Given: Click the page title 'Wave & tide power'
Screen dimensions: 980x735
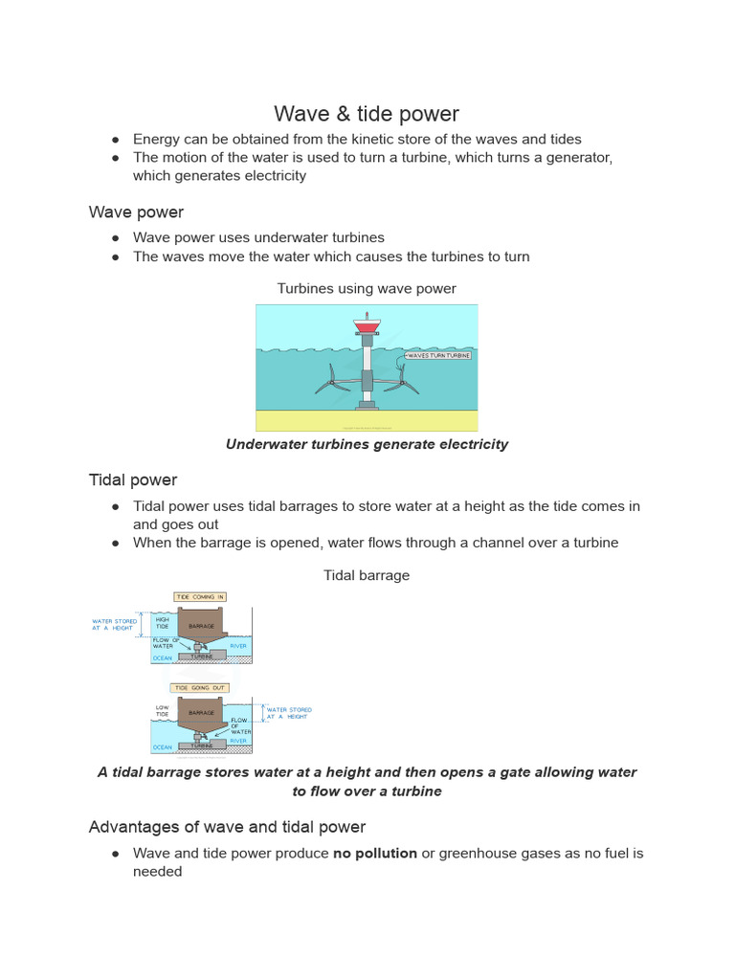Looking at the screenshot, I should (367, 114).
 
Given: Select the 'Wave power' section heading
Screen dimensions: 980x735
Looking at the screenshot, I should (136, 212).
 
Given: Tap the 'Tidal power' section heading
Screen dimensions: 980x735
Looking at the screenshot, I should (133, 479).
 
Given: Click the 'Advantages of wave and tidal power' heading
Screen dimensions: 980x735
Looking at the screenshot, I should (227, 826).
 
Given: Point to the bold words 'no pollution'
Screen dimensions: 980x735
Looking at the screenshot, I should (374, 853).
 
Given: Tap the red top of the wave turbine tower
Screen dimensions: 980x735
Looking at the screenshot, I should (367, 327).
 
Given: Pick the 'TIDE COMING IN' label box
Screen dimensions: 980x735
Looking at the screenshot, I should (200, 597).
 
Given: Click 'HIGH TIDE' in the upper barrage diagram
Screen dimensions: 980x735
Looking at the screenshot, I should (163, 623).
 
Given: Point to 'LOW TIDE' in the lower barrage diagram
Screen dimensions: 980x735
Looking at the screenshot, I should (163, 711).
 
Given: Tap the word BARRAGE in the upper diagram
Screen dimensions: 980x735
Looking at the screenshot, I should (201, 626).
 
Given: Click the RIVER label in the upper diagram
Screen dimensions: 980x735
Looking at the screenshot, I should (238, 646).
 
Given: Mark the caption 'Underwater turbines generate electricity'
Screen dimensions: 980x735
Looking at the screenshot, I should (367, 444).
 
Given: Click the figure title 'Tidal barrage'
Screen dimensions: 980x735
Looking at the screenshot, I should (367, 575).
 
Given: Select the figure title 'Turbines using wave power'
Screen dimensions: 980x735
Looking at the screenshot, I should (367, 288).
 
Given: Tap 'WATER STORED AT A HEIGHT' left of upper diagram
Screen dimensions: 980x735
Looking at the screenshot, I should (114, 624).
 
